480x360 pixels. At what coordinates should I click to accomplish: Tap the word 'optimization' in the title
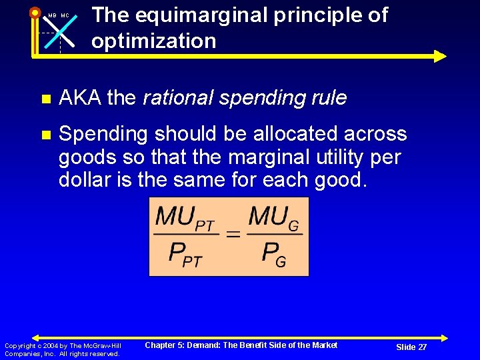tap(154, 41)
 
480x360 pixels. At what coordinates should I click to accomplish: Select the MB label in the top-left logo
tap(51, 15)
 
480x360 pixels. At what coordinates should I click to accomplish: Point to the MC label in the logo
tap(65, 15)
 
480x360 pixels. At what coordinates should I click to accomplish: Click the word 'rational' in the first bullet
tap(175, 98)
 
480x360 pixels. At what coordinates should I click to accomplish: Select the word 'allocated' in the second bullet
tap(315, 134)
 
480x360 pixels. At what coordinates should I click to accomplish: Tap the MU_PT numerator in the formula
tap(185, 217)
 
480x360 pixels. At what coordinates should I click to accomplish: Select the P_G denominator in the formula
tap(274, 254)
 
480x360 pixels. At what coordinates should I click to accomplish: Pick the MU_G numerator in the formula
tap(274, 217)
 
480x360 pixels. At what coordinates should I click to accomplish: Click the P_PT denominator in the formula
tap(185, 254)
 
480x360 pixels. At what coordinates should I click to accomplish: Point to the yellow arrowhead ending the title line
tap(439, 56)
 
